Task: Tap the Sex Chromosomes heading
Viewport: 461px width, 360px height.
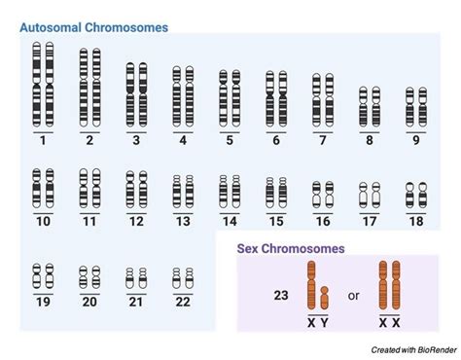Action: click(291, 248)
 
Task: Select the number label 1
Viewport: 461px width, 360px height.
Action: click(43, 140)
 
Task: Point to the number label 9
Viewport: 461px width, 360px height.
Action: click(415, 140)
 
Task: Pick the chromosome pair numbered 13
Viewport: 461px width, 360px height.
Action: click(183, 192)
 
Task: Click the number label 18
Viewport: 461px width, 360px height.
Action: click(415, 221)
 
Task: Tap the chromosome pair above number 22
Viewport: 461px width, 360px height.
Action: click(183, 279)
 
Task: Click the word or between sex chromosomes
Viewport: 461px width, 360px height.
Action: click(354, 292)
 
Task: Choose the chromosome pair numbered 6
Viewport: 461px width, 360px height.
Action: click(276, 99)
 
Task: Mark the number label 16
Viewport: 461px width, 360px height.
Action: click(322, 221)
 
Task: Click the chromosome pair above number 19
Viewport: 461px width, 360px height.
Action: click(43, 276)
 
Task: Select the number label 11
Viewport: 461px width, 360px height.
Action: click(89, 221)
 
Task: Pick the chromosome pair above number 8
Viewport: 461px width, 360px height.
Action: click(369, 106)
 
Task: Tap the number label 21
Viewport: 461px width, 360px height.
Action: click(135, 302)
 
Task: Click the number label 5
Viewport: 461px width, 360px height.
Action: click(230, 140)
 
